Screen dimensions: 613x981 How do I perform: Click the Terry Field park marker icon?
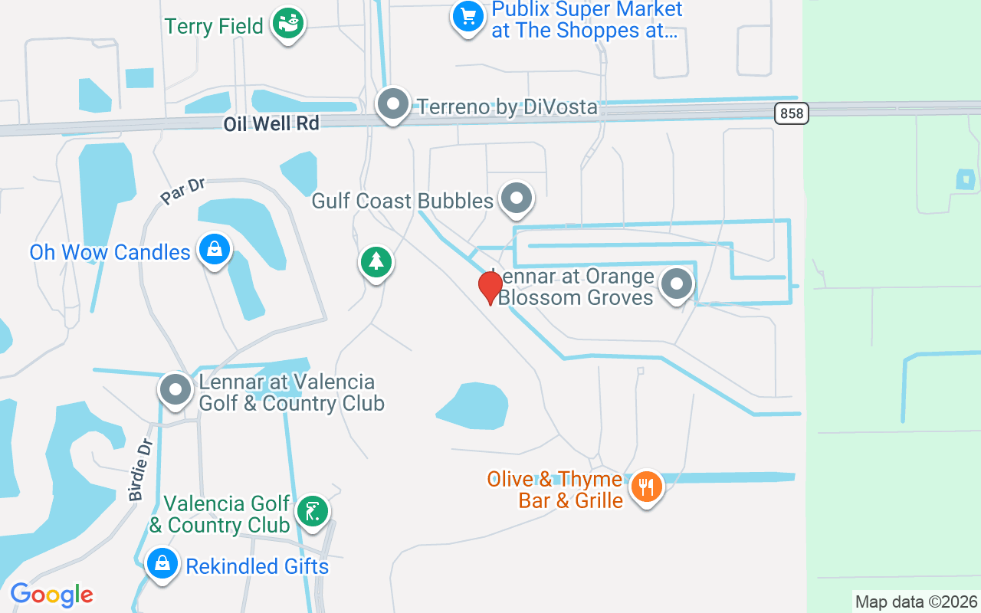point(288,24)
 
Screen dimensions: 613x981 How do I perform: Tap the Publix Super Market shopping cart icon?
point(467,16)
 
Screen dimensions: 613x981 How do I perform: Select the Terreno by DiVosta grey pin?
point(393,104)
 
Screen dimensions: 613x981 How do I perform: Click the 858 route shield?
point(791,113)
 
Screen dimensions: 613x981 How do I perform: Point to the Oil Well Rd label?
point(271,123)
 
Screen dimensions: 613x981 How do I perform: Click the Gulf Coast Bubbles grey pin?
point(517,198)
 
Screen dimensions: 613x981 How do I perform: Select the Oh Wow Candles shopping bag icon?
point(215,250)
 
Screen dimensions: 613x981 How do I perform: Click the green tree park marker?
point(376,262)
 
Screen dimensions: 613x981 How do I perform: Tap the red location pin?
point(490,287)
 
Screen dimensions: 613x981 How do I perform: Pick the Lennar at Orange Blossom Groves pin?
point(676,284)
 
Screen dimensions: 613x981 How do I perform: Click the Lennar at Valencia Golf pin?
point(176,390)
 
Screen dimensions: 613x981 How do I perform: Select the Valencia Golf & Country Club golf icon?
point(312,511)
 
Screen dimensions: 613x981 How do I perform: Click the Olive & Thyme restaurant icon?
point(646,486)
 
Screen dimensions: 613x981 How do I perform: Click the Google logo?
point(51,595)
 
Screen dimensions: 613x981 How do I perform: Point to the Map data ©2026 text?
point(917,602)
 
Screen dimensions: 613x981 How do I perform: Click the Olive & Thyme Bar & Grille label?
point(555,490)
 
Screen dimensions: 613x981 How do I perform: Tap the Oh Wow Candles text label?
point(110,252)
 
